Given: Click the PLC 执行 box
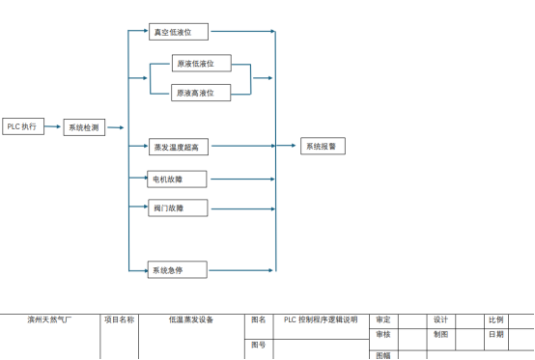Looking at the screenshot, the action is [23, 126].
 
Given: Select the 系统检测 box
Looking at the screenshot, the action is [84, 127].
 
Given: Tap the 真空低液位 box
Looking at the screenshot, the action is [179, 32].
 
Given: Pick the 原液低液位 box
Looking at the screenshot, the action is [202, 63].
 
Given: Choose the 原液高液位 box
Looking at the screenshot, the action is [201, 93].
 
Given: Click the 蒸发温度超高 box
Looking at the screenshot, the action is [179, 147].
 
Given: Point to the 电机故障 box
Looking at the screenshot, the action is [177, 179].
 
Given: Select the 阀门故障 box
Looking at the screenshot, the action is [178, 208].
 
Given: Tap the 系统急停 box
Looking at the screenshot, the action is [177, 269].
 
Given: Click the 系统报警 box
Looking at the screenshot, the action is [323, 146].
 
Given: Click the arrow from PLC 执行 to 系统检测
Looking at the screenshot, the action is [52, 126].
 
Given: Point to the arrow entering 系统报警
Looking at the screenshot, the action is [286, 146].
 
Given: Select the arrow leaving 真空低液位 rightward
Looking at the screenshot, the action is [243, 31].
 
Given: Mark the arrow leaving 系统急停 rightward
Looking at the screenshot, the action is [240, 270].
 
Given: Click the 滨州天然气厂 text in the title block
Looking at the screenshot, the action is [49, 319].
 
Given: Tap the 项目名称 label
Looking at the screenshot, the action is [120, 319].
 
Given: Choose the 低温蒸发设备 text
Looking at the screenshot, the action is [191, 319].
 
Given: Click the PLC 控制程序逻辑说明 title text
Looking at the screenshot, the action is [321, 319].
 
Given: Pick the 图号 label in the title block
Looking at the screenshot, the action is [258, 345].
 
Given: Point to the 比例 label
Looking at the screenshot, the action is [496, 319].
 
